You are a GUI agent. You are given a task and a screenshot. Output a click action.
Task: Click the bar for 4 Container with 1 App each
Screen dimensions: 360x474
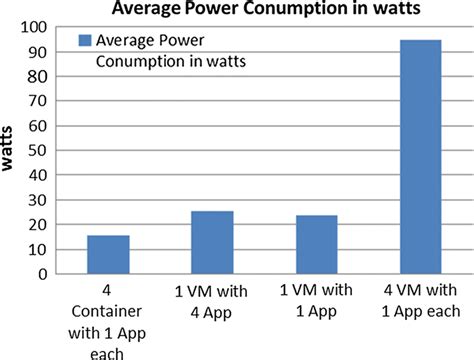pos(108,254)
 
